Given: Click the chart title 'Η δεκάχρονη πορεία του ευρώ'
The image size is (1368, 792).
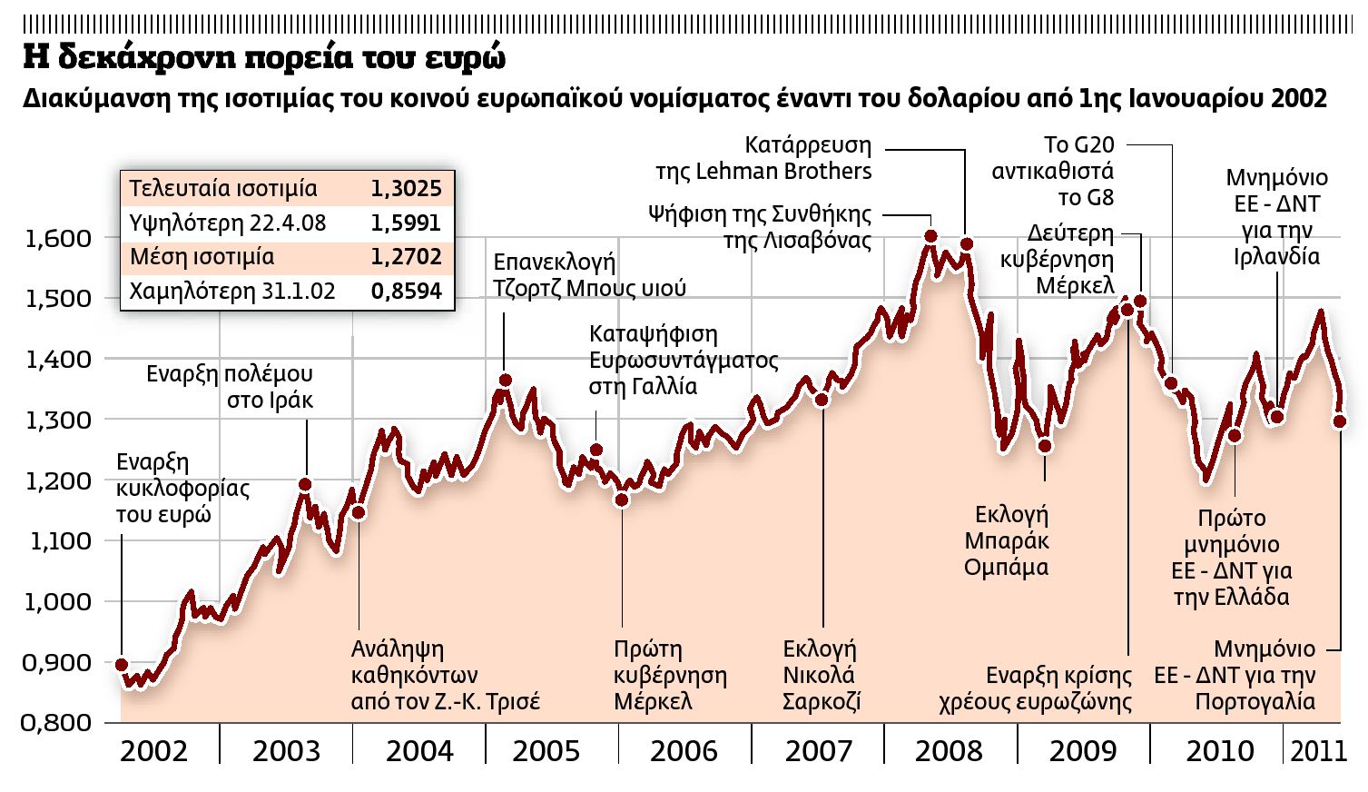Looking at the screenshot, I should [x=264, y=57].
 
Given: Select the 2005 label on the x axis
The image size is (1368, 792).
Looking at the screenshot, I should [x=546, y=751].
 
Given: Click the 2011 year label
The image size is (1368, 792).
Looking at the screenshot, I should [x=1317, y=751].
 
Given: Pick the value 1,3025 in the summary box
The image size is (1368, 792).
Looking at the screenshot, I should [x=406, y=189].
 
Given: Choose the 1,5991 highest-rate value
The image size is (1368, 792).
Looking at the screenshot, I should [x=406, y=223].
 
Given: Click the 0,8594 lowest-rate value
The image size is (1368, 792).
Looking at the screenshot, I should [x=406, y=291].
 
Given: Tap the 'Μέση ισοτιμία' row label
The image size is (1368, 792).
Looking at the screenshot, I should [x=202, y=257].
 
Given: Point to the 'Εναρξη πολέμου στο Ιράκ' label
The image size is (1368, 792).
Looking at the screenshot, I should [x=230, y=386].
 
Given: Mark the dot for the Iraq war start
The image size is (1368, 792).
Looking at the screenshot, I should [x=305, y=485].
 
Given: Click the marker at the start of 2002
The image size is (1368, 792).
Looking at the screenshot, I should [x=122, y=665].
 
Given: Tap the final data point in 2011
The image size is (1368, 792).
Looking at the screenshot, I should [x=1340, y=421].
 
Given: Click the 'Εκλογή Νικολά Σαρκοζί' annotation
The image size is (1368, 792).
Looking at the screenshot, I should [x=821, y=675].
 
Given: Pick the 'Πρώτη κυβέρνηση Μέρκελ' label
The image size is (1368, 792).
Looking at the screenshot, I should [x=669, y=675].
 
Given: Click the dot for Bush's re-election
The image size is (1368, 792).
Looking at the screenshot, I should [x=505, y=381].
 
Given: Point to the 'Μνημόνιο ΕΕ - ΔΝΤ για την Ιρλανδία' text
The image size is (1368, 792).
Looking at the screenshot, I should [x=1276, y=216].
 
